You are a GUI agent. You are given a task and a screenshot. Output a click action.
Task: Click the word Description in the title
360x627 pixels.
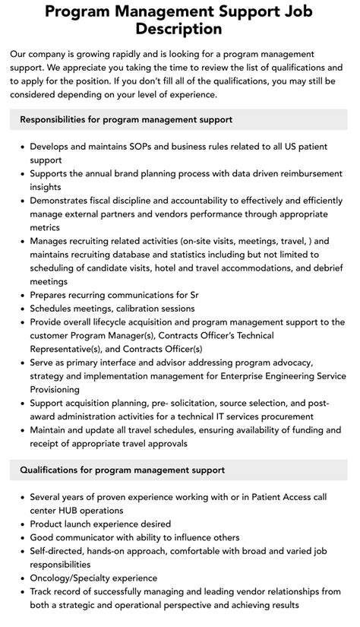point(179,29)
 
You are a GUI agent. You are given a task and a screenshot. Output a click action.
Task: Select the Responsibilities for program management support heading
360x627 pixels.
point(126,119)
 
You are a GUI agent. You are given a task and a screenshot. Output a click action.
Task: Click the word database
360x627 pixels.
point(152,254)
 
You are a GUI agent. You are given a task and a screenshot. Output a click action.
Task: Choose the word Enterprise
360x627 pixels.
point(244,375)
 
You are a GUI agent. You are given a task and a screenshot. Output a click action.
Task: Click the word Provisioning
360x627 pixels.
point(58,388)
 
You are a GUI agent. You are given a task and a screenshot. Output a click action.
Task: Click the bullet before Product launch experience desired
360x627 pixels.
point(21,524)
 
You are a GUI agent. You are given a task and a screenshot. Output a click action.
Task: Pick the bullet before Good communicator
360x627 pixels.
point(21,537)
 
